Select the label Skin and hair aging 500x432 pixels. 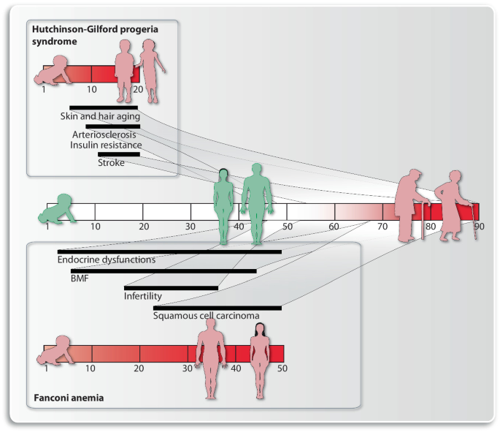click(100, 115)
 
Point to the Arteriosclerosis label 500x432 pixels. click(103, 134)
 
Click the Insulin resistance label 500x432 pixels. click(107, 145)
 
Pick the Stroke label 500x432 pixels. click(111, 162)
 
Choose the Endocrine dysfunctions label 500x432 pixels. click(107, 259)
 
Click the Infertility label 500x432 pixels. click(142, 297)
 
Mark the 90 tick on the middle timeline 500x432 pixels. click(479, 227)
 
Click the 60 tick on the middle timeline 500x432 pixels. click(335, 227)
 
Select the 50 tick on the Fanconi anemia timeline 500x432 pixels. click(282, 368)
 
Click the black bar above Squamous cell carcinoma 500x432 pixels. click(217, 308)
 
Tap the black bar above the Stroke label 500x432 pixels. click(118, 154)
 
